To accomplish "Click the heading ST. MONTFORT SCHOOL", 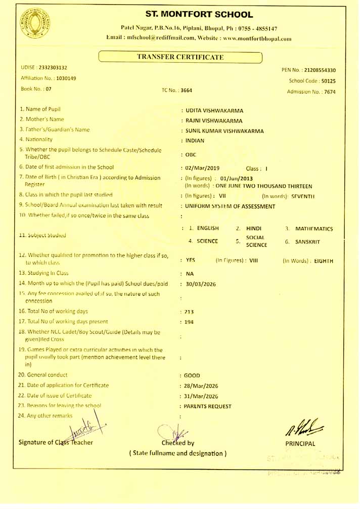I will pos(199,15).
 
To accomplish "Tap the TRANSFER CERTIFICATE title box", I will pos(180,57).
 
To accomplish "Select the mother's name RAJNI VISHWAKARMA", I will pos(214,121).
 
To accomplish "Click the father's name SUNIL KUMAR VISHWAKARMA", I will pos(224,131).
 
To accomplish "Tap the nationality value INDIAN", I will pos(195,141).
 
